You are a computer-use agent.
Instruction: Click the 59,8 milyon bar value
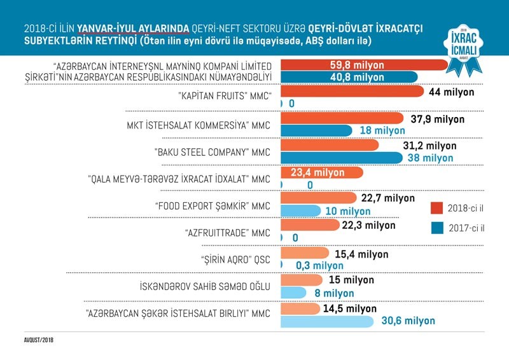(357, 65)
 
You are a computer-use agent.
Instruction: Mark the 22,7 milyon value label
(387, 198)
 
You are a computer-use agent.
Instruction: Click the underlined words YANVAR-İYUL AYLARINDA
(132, 28)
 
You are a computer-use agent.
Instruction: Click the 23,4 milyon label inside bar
(317, 172)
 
